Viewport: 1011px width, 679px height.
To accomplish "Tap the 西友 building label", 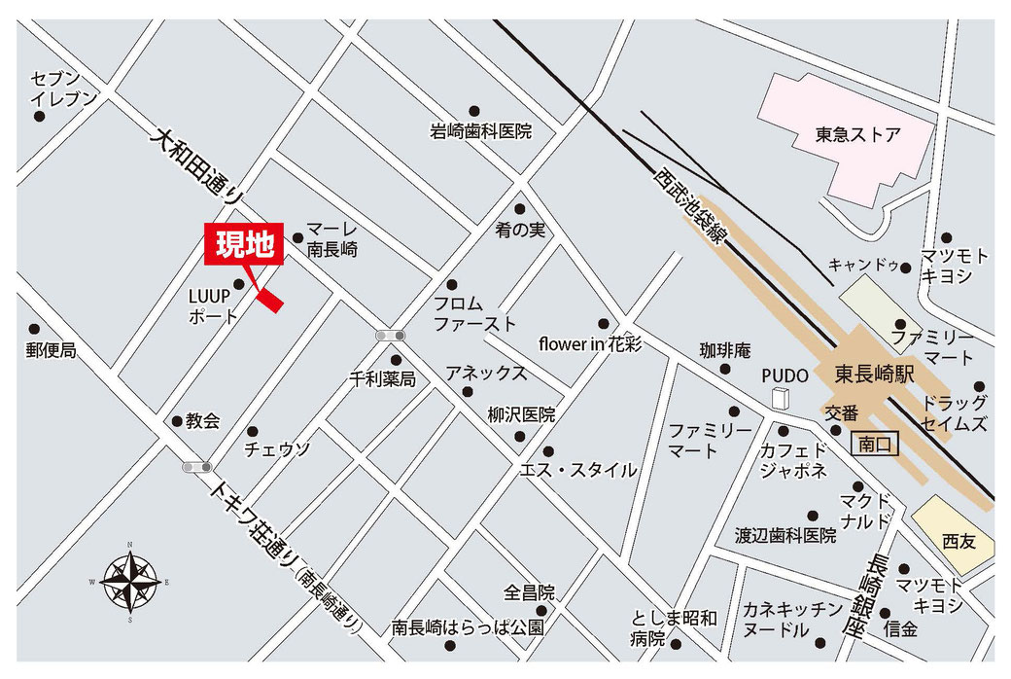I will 958,540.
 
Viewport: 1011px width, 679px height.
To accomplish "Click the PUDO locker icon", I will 779,399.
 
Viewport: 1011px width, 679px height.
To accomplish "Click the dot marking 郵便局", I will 35,329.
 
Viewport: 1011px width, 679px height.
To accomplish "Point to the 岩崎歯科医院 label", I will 481,130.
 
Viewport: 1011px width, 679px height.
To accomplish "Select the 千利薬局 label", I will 382,378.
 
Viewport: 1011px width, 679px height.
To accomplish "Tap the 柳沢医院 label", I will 521,414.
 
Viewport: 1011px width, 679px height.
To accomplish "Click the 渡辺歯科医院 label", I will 785,535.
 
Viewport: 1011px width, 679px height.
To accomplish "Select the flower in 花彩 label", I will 590,344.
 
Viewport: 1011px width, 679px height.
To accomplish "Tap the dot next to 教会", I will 177,421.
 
